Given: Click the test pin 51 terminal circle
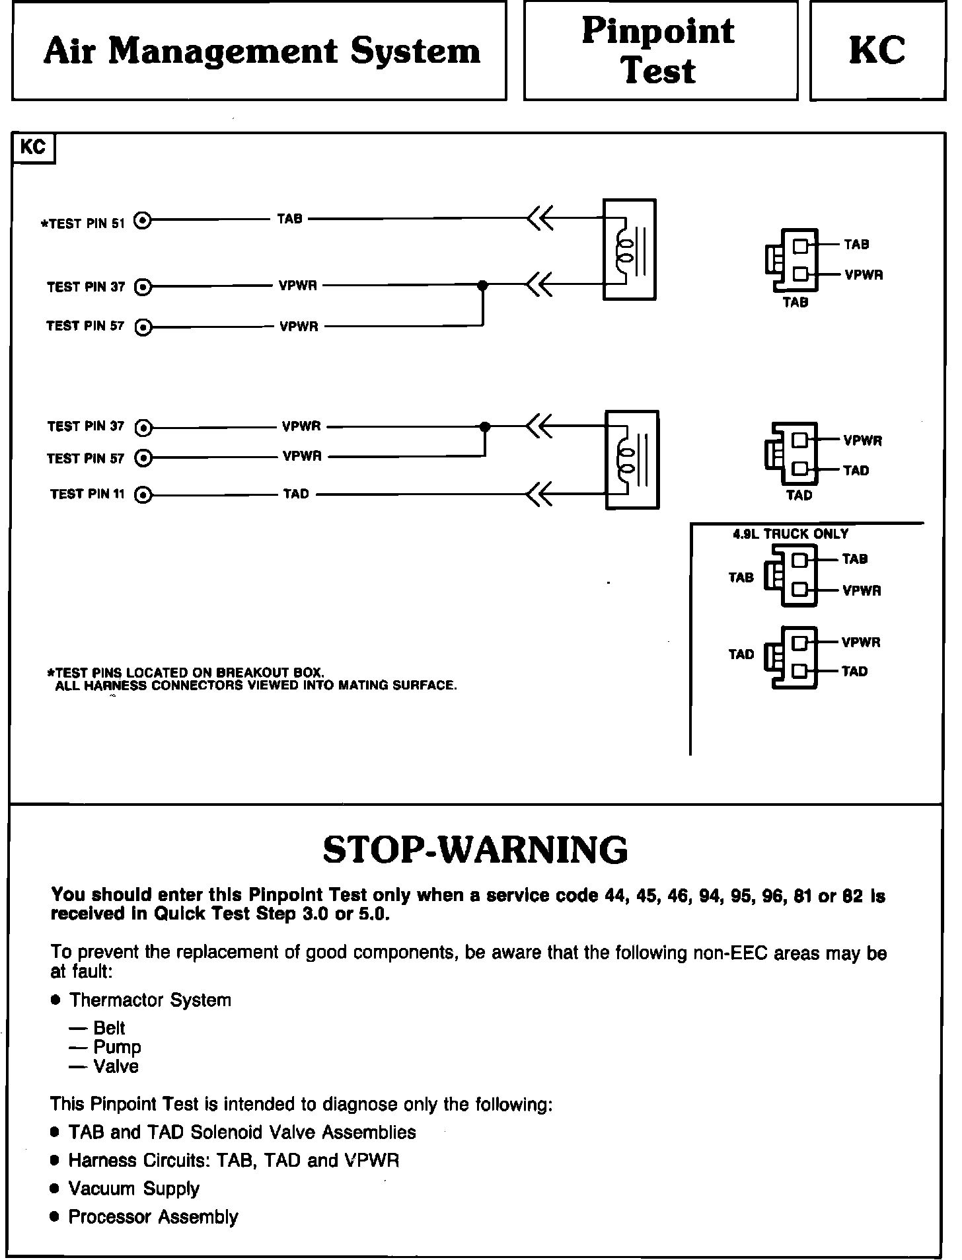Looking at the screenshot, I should pyautogui.click(x=143, y=220).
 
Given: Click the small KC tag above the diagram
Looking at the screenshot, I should pyautogui.click(x=33, y=147).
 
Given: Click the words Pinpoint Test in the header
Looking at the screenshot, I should pyautogui.click(x=659, y=51).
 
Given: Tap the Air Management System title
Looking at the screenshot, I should pyautogui.click(x=262, y=52).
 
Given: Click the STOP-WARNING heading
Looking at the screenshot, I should pyautogui.click(x=475, y=850).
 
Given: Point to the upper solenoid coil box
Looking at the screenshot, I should pyautogui.click(x=629, y=249).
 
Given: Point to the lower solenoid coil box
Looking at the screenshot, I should pyautogui.click(x=632, y=459).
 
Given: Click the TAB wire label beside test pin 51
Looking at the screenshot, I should pyautogui.click(x=289, y=219).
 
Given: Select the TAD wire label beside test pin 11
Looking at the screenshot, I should pyautogui.click(x=296, y=494).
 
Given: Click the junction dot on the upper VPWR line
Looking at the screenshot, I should pyautogui.click(x=483, y=286).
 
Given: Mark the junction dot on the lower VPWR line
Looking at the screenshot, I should pyautogui.click(x=485, y=426).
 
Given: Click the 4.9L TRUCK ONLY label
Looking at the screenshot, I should pyautogui.click(x=790, y=533).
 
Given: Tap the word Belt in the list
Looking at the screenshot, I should pyautogui.click(x=110, y=1028).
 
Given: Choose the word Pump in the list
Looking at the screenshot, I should pyautogui.click(x=118, y=1047).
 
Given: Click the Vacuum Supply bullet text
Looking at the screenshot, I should pyautogui.click(x=134, y=1189).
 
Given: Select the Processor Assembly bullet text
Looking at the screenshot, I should pyautogui.click(x=153, y=1217).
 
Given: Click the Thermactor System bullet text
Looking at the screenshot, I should pyautogui.click(x=151, y=1000).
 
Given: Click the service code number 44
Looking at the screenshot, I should pyautogui.click(x=615, y=896).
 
